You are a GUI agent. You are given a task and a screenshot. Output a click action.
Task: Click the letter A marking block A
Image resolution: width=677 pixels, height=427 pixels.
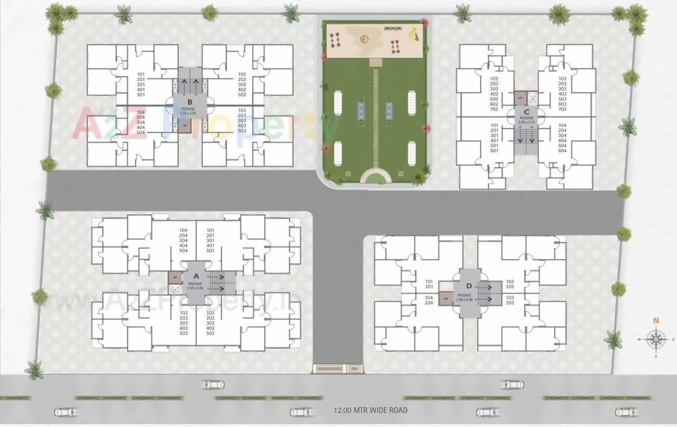point(196,276)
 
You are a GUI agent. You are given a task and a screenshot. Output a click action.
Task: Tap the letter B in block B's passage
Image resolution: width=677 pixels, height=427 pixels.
point(190,101)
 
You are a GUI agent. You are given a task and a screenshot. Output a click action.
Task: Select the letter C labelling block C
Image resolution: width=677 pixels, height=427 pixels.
point(526,112)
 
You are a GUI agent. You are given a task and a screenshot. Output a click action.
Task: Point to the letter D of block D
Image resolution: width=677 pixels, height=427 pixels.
point(468,286)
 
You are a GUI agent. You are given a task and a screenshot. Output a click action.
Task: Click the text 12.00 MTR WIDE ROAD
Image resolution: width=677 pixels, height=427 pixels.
point(370,410)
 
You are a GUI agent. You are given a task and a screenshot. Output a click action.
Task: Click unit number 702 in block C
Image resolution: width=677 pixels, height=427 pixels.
point(494,110)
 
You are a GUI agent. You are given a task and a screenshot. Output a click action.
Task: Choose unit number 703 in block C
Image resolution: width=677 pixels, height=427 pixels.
point(562,110)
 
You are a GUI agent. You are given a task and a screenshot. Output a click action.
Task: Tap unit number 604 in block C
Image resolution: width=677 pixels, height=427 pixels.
point(562,151)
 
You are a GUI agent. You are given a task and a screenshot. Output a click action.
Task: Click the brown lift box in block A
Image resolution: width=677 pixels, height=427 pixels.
point(175,277)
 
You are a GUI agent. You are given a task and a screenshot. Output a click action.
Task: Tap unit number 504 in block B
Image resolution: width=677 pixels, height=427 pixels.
point(140,132)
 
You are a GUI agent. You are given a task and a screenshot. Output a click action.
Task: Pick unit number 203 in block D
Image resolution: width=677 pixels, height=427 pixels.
point(510,303)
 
